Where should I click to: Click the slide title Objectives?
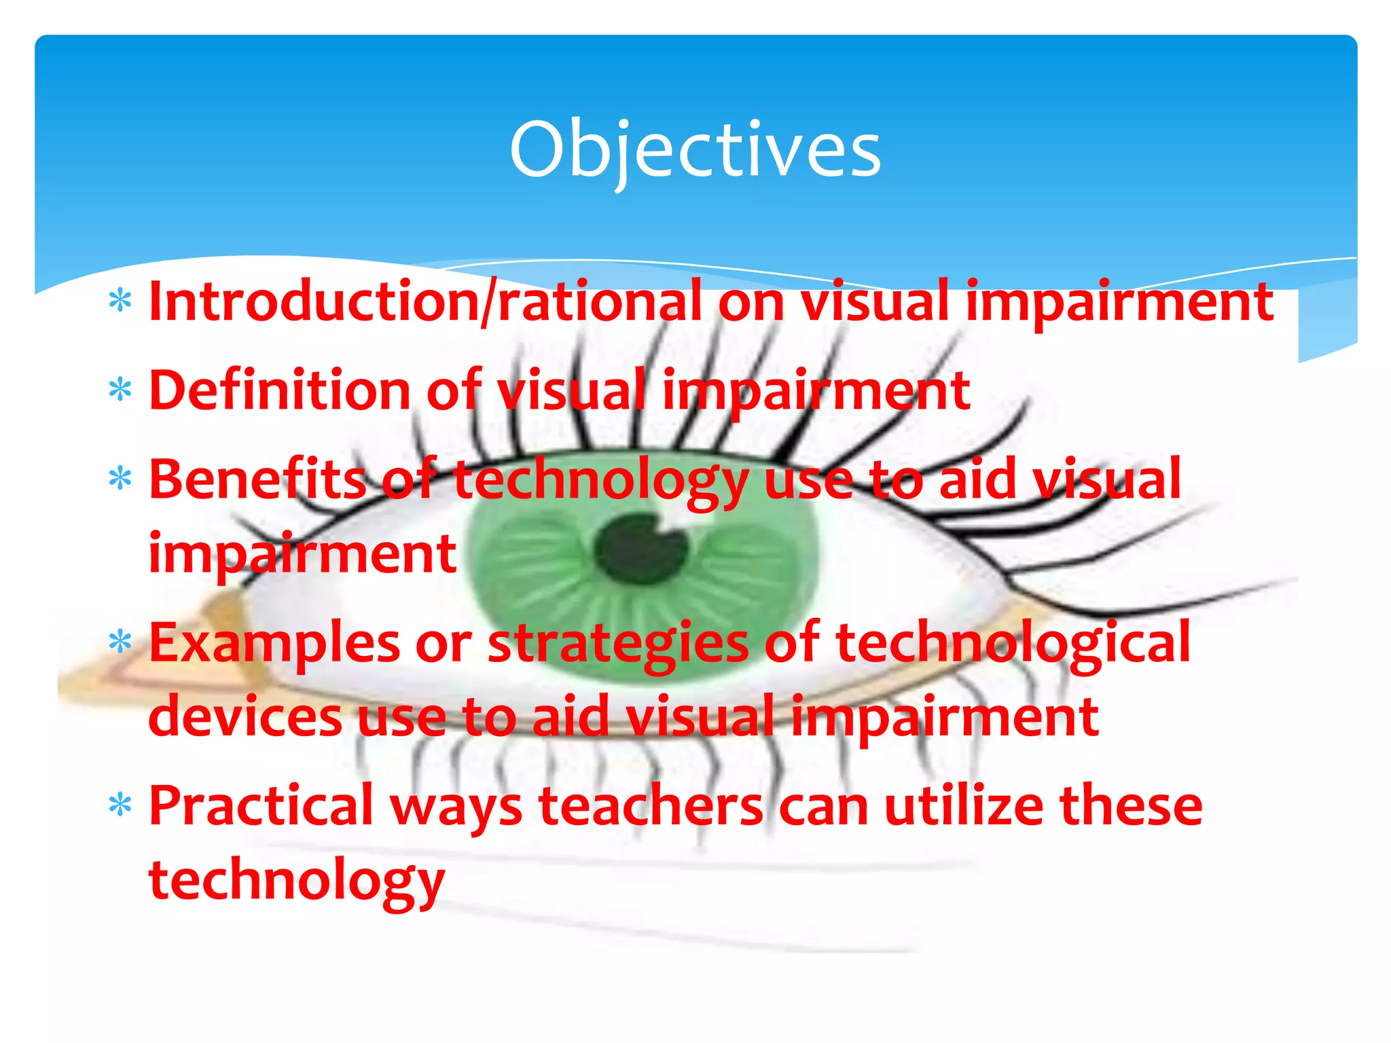click(695, 150)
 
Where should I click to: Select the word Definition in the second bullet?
click(278, 390)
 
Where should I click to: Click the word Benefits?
click(257, 479)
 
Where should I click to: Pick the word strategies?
click(618, 643)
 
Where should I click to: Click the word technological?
click(1012, 643)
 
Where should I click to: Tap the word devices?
click(245, 717)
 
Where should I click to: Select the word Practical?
click(261, 806)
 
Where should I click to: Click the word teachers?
click(651, 806)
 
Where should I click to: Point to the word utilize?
click(964, 806)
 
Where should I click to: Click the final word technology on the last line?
click(296, 881)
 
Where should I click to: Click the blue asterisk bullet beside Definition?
click(120, 390)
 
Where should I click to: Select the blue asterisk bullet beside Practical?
click(120, 806)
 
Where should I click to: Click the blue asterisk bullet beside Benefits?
click(120, 479)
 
